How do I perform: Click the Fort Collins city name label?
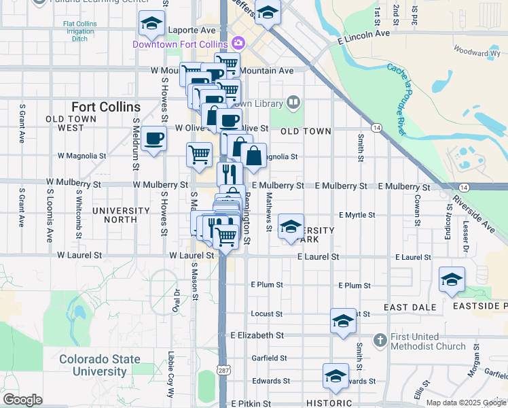tap(106, 107)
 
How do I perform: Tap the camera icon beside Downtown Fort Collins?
tap(238, 44)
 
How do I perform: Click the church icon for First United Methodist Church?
tap(380, 339)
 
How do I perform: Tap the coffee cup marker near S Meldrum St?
tap(154, 138)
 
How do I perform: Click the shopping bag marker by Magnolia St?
tap(253, 156)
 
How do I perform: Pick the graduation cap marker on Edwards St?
tap(335, 375)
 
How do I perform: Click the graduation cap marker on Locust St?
tap(344, 320)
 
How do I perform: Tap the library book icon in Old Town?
tap(293, 103)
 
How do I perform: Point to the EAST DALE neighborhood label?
tap(410, 307)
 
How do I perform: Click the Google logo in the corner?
tap(22, 400)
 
